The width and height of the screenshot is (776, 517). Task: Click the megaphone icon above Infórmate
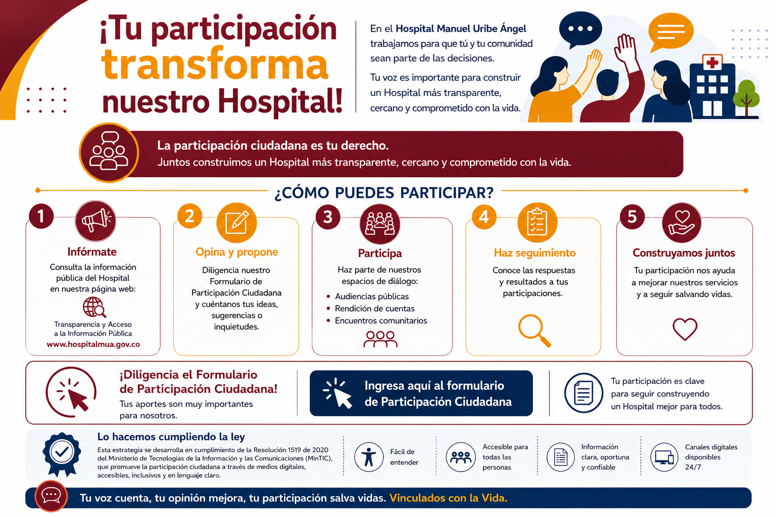[x=95, y=221]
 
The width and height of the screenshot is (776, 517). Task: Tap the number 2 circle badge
[x=189, y=216]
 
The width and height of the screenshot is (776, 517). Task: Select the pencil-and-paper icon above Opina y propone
[x=236, y=222]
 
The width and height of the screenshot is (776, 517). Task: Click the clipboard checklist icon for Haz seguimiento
[x=537, y=222]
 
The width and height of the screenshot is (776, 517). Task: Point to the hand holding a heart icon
[x=682, y=222]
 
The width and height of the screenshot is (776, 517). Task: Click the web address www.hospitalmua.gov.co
[x=93, y=344]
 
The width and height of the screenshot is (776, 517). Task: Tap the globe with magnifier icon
[x=94, y=307]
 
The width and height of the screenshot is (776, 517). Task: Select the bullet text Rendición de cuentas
[x=374, y=308]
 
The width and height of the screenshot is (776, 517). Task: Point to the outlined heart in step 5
[x=685, y=329]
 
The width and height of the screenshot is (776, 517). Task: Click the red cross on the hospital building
[x=712, y=63]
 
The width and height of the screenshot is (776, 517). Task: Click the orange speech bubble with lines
[x=670, y=32]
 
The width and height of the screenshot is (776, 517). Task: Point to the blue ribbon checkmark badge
[x=62, y=454]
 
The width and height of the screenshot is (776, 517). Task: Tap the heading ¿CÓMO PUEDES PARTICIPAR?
[x=384, y=193]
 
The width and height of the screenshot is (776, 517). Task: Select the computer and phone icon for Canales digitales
[x=664, y=457]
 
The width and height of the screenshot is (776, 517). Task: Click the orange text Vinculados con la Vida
[x=448, y=498]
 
